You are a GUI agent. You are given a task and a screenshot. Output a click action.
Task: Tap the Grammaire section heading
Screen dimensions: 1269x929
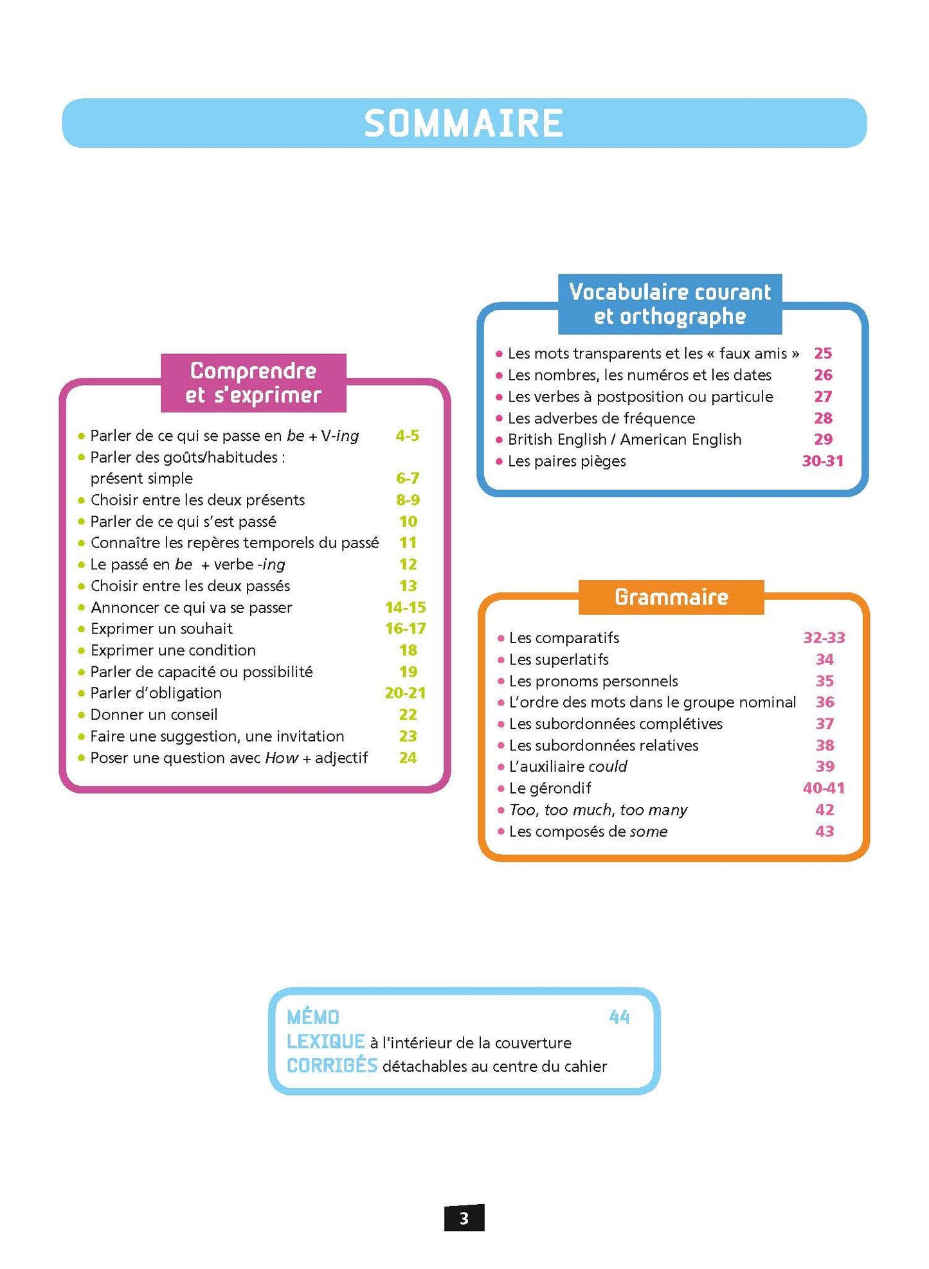click(x=671, y=597)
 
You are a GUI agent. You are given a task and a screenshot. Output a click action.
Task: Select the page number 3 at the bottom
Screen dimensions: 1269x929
click(x=464, y=1218)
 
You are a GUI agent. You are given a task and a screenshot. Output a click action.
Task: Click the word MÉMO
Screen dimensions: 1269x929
click(x=313, y=1017)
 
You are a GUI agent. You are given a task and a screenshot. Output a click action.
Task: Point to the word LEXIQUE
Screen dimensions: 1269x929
click(x=325, y=1042)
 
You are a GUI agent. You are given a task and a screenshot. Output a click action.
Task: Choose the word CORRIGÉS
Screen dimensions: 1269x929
click(x=332, y=1065)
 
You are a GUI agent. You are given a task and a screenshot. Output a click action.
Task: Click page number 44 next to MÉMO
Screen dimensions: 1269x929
click(x=619, y=1017)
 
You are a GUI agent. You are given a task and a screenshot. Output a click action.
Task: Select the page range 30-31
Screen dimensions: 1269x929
click(x=822, y=461)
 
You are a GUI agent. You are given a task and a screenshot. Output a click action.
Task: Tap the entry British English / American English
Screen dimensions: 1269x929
click(x=624, y=439)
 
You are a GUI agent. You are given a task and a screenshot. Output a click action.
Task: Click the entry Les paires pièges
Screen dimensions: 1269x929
click(x=566, y=461)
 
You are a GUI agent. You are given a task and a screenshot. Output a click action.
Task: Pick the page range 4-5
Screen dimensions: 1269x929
click(x=407, y=436)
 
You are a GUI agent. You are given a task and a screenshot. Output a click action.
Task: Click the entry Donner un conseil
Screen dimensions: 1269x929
click(x=154, y=714)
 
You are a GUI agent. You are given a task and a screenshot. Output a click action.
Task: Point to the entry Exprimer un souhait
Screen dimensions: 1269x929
click(x=161, y=628)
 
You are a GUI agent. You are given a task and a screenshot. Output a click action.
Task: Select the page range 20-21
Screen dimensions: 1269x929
click(x=405, y=693)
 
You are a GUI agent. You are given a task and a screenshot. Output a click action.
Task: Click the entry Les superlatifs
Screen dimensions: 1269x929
click(x=558, y=659)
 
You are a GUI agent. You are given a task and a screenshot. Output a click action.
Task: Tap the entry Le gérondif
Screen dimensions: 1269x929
click(x=550, y=788)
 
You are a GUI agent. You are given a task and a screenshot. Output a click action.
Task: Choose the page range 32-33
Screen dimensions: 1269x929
click(x=824, y=638)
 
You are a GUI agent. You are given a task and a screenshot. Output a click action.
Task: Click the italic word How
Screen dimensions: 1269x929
click(x=282, y=758)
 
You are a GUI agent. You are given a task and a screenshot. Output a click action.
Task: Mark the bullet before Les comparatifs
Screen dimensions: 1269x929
click(x=501, y=639)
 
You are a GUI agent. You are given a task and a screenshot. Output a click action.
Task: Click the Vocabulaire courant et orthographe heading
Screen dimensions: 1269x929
click(x=669, y=304)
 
